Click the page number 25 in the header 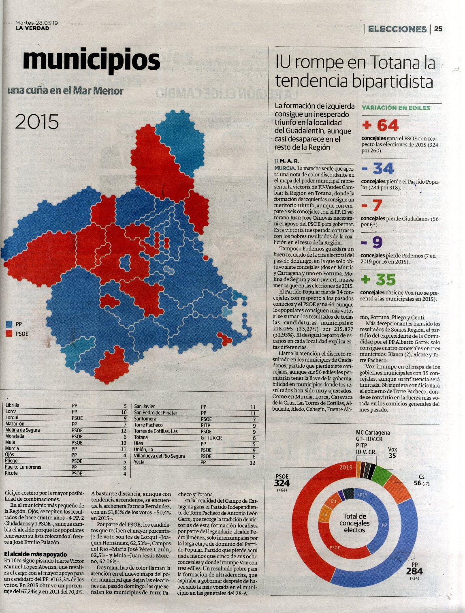(438, 29)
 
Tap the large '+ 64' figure (380, 125)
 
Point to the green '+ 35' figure (379, 280)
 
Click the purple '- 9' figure (372, 242)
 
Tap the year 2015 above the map (37, 122)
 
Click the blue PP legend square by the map (9, 324)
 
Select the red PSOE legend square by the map (9, 334)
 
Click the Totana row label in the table (141, 437)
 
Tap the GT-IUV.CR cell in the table (211, 438)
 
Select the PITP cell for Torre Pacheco (206, 425)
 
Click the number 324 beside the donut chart (282, 483)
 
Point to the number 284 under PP (415, 571)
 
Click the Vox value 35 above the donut (392, 456)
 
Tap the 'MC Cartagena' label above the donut (373, 433)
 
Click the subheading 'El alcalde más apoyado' (36, 554)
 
